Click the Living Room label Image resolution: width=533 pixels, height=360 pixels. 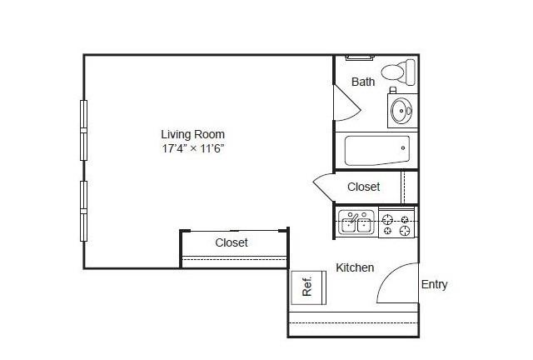pos(192,134)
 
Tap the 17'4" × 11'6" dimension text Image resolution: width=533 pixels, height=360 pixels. pos(193,148)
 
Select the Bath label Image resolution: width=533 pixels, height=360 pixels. pos(363,82)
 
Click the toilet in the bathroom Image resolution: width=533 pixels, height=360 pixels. pos(398,72)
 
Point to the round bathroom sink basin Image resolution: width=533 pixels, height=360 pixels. pos(401,111)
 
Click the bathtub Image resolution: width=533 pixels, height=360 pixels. pos(377,150)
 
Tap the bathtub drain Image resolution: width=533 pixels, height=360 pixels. pos(403,148)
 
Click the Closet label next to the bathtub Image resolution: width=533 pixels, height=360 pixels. pos(364,187)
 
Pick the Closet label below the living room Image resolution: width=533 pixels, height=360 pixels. pos(232,242)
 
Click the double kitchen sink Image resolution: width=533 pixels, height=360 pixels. pos(356,222)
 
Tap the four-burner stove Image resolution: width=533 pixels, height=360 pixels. pos(396,222)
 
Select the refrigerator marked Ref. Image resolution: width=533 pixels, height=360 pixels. pos(309,287)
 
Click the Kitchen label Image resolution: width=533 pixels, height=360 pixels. pos(355,267)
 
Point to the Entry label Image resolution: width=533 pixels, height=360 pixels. pos(434,284)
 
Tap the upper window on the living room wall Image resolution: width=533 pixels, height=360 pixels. pos(83,130)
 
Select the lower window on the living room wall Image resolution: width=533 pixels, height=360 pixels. pos(83,212)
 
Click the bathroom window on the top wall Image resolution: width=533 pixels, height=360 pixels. pos(360,57)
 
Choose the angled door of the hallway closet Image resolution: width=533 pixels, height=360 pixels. pos(324,187)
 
